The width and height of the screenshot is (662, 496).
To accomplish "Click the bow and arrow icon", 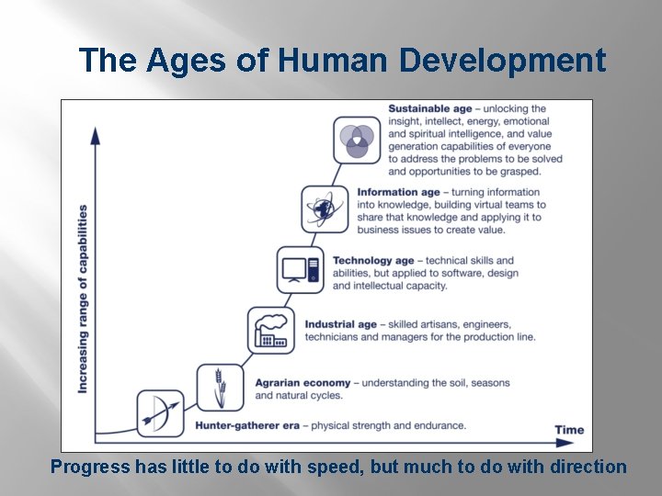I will tap(161, 413).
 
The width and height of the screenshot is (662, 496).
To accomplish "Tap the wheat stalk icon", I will tap(221, 387).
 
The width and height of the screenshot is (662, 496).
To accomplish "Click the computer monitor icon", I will tap(301, 270).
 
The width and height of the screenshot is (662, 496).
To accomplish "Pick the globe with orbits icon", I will tap(325, 209).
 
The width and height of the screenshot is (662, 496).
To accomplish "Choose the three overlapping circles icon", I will tap(357, 140).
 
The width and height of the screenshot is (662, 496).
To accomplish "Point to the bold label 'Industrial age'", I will tap(341, 324).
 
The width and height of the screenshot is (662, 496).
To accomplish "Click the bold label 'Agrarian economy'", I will tap(302, 383).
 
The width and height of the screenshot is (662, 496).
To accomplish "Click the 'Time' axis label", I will tap(569, 430).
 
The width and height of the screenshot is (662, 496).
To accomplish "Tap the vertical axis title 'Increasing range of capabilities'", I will tap(83, 299).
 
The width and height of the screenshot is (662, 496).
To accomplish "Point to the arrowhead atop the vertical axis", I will tap(95, 135).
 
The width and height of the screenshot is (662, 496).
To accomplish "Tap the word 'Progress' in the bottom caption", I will tap(90, 467).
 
